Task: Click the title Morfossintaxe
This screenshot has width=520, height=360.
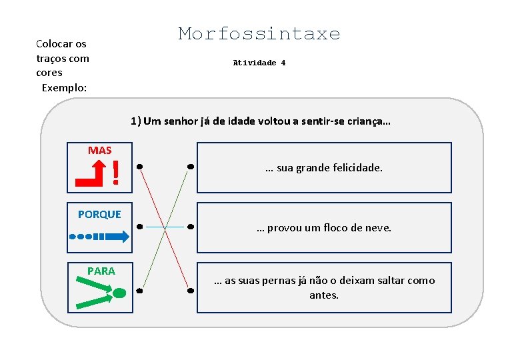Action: [x=259, y=34]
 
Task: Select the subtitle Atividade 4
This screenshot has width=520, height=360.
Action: [x=259, y=63]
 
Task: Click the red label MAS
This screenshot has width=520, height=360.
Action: [x=99, y=151]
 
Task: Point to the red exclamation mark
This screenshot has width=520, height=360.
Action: [x=116, y=173]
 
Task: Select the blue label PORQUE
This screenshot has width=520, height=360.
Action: [x=99, y=214]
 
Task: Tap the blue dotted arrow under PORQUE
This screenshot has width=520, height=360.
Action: [x=98, y=236]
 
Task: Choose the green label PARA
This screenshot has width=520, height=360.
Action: [x=101, y=271]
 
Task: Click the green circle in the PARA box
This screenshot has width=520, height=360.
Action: [x=119, y=293]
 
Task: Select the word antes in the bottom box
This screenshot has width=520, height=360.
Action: [x=324, y=295]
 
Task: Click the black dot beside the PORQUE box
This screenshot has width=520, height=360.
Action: [x=139, y=227]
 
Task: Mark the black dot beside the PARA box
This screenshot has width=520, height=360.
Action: [x=140, y=291]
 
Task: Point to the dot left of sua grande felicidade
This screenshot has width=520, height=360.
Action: [x=191, y=165]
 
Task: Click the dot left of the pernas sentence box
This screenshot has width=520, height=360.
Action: [x=190, y=291]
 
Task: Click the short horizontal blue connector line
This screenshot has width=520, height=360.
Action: [x=165, y=227]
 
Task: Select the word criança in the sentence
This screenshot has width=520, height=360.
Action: [x=366, y=121]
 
